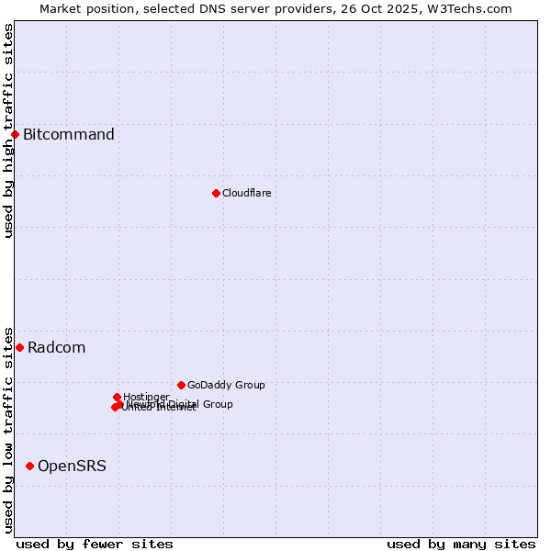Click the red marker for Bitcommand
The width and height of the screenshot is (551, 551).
click(15, 135)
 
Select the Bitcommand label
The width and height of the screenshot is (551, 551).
click(69, 135)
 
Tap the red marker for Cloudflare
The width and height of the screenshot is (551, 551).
click(216, 193)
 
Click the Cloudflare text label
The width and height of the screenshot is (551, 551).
click(246, 193)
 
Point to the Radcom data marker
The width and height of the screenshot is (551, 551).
click(19, 347)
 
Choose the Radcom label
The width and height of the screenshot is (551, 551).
click(56, 347)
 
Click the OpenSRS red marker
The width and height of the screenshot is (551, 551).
click(29, 466)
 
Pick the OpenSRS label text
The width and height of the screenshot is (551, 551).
click(72, 466)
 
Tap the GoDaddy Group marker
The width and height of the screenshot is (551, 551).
click(181, 385)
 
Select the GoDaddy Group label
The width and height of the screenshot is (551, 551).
click(226, 385)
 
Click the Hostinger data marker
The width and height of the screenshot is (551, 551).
click(117, 397)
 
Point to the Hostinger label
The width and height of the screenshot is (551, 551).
click(146, 397)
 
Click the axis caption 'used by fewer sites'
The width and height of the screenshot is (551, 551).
click(95, 544)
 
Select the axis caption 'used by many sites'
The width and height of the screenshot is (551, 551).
click(461, 544)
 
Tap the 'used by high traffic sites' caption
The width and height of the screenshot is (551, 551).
click(8, 130)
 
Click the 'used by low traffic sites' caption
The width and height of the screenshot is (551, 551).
click(8, 430)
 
